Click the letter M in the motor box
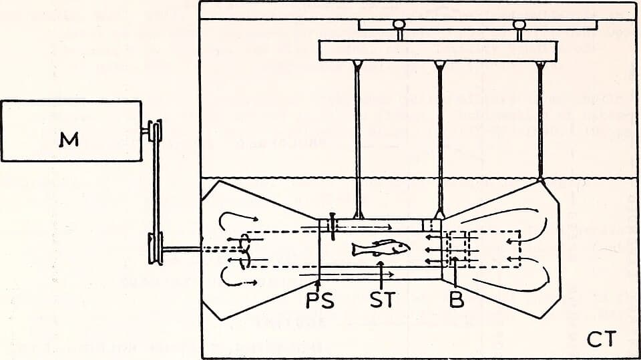coord(69,140)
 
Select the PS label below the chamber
coord(320,301)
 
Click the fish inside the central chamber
coord(381,248)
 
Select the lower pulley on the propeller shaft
coord(156,248)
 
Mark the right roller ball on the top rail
coord(519,25)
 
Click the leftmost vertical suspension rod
coord(358,140)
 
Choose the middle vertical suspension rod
coord(440,140)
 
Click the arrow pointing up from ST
coord(381,275)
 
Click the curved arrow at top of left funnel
coord(237,218)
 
